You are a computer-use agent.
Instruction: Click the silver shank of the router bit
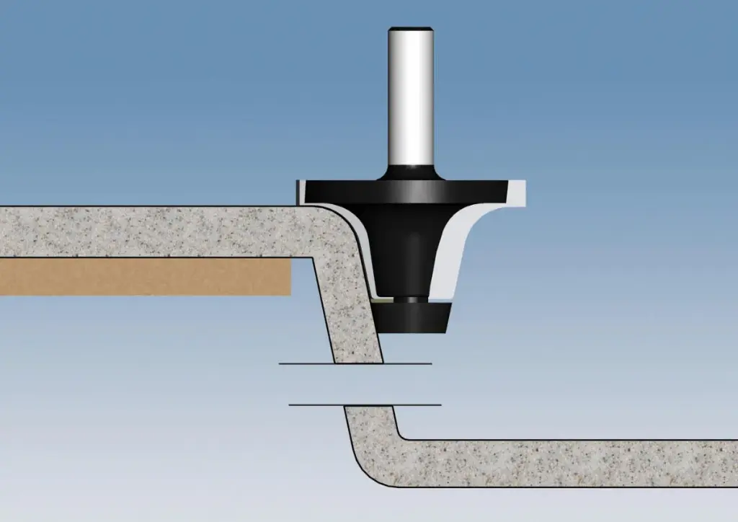coord(410,101)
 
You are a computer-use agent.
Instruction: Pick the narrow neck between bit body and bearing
coord(411,298)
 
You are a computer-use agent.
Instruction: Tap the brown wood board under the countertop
coord(144,277)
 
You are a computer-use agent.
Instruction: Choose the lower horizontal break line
coord(365,405)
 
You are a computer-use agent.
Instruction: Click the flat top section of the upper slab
coord(144,231)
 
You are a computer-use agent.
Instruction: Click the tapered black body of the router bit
coord(404,245)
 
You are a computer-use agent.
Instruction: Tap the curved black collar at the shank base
coord(410,173)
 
